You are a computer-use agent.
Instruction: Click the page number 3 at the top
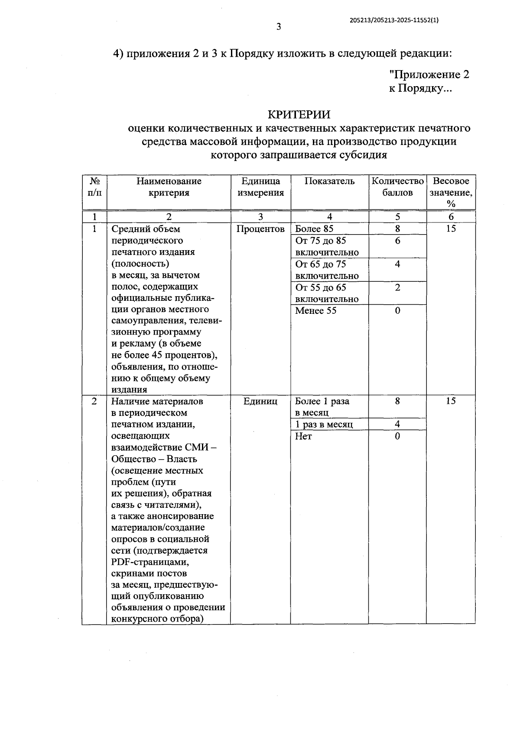(x=279, y=27)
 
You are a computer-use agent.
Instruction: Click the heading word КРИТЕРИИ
(x=299, y=114)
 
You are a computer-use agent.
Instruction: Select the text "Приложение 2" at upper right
(x=429, y=74)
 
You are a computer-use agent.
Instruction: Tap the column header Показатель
(x=329, y=181)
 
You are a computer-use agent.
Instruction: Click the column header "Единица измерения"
(x=260, y=187)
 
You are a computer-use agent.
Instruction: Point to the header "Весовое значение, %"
(x=451, y=193)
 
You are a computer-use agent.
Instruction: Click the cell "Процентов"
(x=260, y=229)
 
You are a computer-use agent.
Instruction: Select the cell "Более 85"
(x=314, y=229)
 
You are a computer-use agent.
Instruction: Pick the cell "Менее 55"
(x=315, y=310)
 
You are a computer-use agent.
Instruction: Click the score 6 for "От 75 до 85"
(x=397, y=241)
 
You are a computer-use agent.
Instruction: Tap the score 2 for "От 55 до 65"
(x=397, y=287)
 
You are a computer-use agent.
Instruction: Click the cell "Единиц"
(x=260, y=401)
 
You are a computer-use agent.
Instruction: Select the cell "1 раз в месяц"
(x=324, y=425)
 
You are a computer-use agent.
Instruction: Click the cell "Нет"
(x=303, y=436)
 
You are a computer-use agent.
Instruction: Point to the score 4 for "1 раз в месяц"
(x=397, y=425)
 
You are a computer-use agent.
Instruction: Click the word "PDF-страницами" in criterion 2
(x=150, y=562)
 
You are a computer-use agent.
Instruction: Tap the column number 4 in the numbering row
(x=329, y=217)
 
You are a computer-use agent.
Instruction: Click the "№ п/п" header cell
(x=94, y=187)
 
